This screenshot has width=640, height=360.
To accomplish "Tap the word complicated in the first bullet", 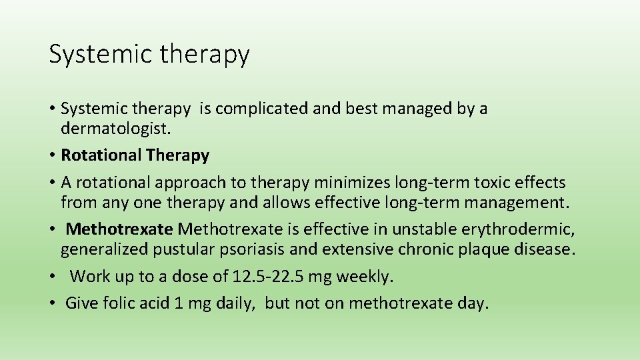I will (x=262, y=109).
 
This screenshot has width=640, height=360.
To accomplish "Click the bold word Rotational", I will (x=101, y=155).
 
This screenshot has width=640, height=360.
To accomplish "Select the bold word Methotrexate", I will (x=120, y=230).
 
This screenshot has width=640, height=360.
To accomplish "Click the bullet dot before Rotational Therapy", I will (x=51, y=156).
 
